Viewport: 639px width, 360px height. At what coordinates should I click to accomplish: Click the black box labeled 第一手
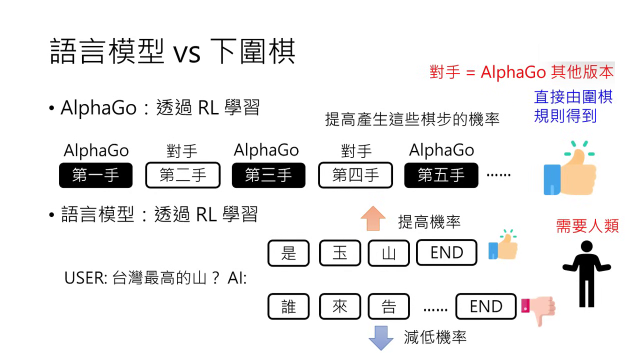click(95, 175)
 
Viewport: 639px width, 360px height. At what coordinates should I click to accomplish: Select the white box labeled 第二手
click(182, 175)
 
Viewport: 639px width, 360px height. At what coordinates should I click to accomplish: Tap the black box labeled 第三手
click(268, 175)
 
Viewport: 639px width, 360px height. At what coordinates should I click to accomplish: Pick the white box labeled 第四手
click(355, 175)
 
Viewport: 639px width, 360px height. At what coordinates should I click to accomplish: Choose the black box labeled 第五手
click(441, 175)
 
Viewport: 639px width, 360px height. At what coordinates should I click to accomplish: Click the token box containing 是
click(288, 253)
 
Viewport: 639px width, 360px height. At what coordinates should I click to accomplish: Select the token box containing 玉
click(339, 253)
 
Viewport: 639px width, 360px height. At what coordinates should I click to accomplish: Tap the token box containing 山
click(388, 253)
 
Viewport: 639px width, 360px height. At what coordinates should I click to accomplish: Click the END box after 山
click(446, 253)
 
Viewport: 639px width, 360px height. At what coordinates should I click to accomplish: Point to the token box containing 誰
click(288, 306)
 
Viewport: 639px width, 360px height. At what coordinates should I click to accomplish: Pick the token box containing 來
click(339, 306)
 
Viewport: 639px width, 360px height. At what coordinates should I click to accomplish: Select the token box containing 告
click(388, 306)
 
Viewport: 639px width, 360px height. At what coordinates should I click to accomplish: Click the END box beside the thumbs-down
click(485, 306)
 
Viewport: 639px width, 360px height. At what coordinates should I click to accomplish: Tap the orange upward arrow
click(373, 218)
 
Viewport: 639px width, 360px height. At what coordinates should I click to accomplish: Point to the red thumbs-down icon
click(539, 308)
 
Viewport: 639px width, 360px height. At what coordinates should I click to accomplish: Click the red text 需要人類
click(587, 226)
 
